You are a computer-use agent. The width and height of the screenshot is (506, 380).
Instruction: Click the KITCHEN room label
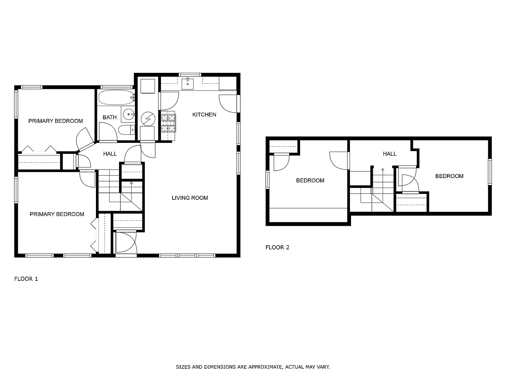(x=204, y=115)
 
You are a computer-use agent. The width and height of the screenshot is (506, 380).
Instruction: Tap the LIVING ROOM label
(x=190, y=198)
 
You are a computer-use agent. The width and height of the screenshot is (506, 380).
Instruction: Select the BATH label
(x=110, y=117)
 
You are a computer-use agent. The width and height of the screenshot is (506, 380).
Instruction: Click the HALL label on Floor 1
(x=110, y=154)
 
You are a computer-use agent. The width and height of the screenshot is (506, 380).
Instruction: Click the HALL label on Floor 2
(x=389, y=154)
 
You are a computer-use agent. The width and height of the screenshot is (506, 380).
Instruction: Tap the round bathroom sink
(x=129, y=114)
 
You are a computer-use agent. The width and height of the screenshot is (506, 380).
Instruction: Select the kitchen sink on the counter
(x=188, y=84)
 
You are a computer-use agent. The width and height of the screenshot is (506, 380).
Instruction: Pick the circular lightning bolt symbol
(x=148, y=119)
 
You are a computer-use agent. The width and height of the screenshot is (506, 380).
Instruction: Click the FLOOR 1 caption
(x=26, y=279)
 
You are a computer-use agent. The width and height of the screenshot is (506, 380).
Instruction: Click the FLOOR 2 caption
(x=277, y=247)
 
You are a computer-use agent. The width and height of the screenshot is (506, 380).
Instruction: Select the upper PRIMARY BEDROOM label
(x=56, y=121)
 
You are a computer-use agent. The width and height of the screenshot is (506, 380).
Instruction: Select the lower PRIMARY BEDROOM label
(x=57, y=214)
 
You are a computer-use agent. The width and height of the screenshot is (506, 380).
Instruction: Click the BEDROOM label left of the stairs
(x=310, y=180)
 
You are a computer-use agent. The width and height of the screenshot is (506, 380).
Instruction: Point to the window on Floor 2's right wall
(x=490, y=172)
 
